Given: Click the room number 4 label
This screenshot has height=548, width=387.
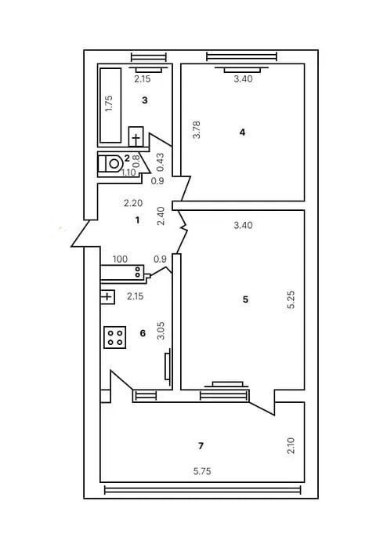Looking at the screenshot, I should pyautogui.click(x=243, y=132).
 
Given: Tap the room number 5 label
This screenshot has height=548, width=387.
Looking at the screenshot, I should pyautogui.click(x=246, y=299).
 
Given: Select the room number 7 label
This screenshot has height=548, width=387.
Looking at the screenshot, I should pyautogui.click(x=201, y=445).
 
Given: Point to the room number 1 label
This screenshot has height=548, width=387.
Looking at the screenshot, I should pyautogui.click(x=137, y=220).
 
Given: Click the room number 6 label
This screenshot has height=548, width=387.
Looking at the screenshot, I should pyautogui.click(x=142, y=333).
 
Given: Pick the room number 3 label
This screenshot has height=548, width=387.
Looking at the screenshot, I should pyautogui.click(x=145, y=100).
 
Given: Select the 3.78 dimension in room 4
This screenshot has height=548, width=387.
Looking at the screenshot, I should pyautogui.click(x=196, y=129).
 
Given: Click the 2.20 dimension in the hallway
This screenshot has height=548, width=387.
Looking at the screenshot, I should pyautogui.click(x=134, y=203).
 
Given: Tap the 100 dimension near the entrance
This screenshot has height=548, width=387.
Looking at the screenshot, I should pyautogui.click(x=120, y=258).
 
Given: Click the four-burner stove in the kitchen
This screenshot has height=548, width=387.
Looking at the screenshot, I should pyautogui.click(x=115, y=336).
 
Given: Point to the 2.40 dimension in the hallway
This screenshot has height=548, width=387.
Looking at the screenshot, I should pyautogui.click(x=161, y=216).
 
